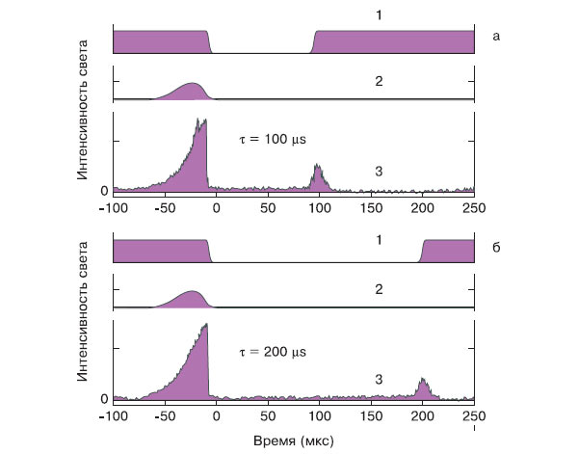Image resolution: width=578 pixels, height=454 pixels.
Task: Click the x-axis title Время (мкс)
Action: click(294, 440)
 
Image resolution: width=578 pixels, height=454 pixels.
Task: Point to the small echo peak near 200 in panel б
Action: click(423, 384)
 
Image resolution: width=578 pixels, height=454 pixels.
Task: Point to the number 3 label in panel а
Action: click(380, 172)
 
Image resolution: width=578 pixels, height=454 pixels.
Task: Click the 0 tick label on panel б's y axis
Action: click(105, 398)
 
